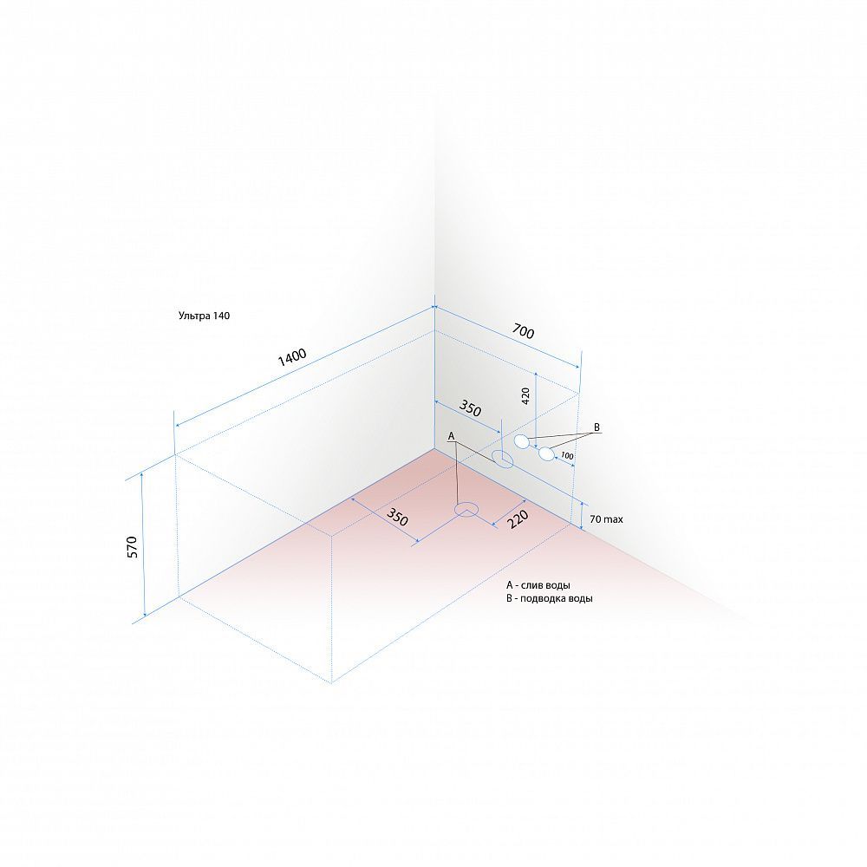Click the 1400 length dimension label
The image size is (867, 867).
[292, 357]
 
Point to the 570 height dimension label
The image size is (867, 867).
[132, 546]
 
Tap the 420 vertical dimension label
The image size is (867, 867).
[525, 395]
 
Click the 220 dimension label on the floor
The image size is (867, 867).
[518, 519]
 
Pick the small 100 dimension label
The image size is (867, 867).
[567, 456]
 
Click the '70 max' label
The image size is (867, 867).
[606, 519]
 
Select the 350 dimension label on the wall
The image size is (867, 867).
[470, 408]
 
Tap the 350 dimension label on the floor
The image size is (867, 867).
[397, 517]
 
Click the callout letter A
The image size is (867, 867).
[451, 436]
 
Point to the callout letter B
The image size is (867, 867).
[596, 427]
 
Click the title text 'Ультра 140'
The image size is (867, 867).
[204, 316]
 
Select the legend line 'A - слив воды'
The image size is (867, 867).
[538, 585]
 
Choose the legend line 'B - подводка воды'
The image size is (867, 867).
[549, 598]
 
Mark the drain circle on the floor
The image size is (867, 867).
[466, 509]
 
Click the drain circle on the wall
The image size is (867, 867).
[502, 458]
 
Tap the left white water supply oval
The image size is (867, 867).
[521, 441]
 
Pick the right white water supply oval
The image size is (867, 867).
[546, 454]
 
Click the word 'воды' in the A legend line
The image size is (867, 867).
[557, 585]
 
